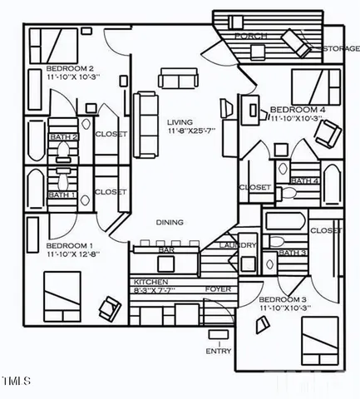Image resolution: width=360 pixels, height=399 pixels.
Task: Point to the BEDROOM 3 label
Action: [282, 299]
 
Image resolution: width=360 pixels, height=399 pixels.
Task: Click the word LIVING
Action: [180, 121]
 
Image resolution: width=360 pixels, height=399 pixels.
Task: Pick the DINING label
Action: [170, 222]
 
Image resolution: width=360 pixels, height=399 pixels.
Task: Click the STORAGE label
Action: [341, 50]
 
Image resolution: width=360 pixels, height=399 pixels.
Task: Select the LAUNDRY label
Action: [238, 245]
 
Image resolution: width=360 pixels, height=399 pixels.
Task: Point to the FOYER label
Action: [219, 289]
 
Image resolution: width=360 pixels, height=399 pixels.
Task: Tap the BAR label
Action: [166, 249]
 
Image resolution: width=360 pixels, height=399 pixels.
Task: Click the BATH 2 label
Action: [64, 137]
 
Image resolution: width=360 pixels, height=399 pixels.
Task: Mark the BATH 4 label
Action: [305, 180]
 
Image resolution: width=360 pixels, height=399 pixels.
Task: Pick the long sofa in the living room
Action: [147, 125]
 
